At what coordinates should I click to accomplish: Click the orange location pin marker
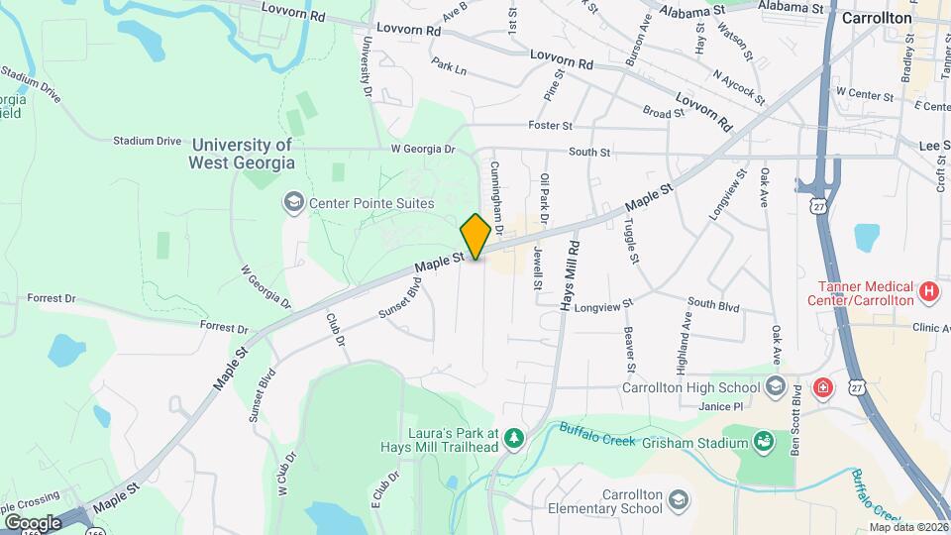tap(475, 236)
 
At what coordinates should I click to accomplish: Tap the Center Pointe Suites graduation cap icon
tap(293, 203)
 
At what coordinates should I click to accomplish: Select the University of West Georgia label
tap(242, 154)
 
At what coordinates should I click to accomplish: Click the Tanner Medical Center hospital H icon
tap(928, 291)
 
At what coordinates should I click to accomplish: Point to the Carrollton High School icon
tap(776, 387)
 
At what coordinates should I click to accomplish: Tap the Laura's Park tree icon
tap(512, 437)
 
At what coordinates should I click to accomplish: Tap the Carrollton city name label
tap(876, 18)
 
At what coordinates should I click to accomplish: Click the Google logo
tap(33, 522)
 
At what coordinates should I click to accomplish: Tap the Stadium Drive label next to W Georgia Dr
tap(147, 141)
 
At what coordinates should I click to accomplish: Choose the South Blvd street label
tap(713, 304)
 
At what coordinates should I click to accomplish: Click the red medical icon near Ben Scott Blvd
tap(821, 387)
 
